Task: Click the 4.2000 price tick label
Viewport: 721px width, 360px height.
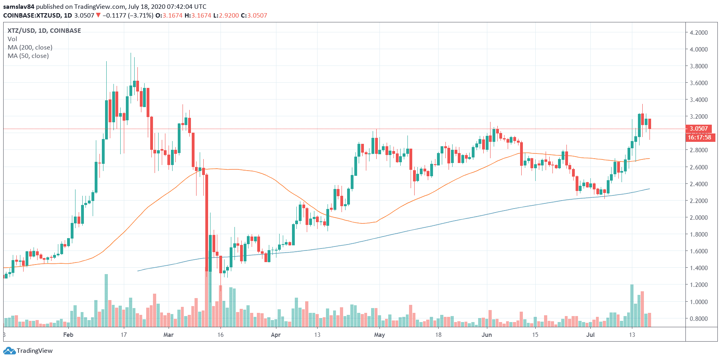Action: point(699,32)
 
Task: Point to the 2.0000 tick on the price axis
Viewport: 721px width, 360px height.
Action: point(699,217)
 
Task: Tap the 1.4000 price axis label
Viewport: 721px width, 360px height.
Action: point(699,268)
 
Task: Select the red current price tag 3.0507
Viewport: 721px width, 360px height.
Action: point(699,129)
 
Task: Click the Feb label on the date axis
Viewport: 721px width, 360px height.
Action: point(68,334)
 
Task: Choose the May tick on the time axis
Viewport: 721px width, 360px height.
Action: point(379,334)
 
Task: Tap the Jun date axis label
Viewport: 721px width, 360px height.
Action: point(487,334)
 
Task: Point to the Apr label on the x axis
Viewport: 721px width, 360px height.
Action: point(276,334)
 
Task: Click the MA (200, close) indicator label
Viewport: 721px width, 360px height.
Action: point(30,47)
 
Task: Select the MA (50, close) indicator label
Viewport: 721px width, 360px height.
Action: point(28,56)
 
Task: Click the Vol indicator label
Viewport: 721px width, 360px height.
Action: point(12,39)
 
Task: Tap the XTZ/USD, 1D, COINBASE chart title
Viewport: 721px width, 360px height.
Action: point(44,30)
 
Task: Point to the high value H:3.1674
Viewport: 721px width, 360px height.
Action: point(201,15)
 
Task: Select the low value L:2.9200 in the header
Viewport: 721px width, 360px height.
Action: point(226,15)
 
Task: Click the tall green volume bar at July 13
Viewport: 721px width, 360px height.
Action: point(632,306)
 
